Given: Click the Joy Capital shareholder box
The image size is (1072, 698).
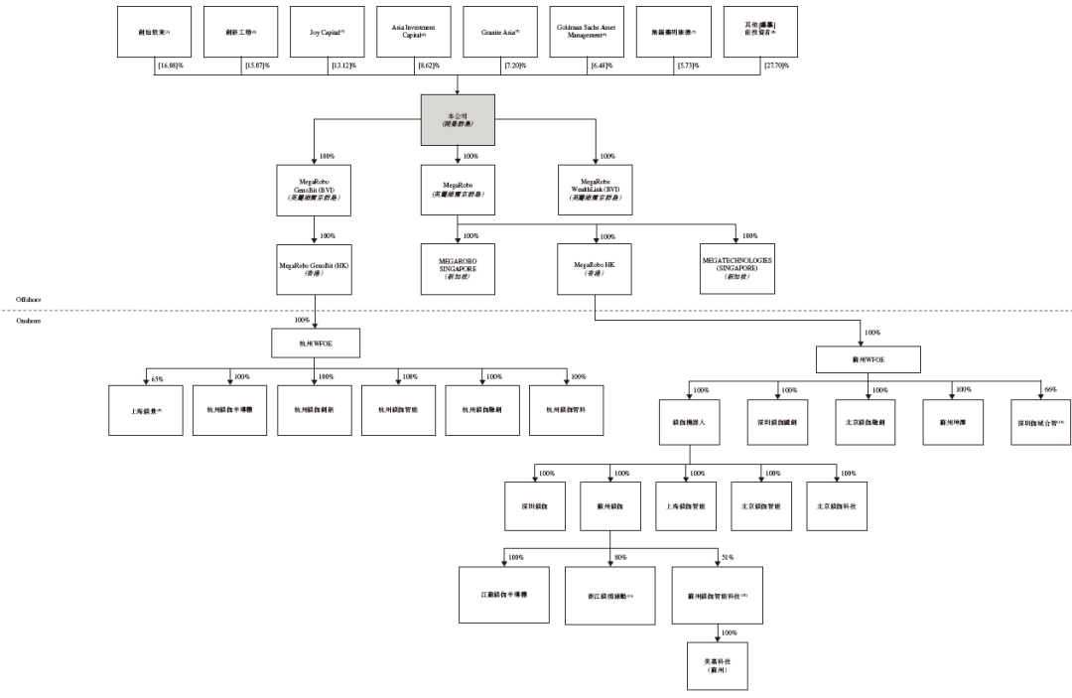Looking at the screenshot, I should click(x=328, y=32).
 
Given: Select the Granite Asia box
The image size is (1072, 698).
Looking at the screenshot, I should click(x=500, y=32).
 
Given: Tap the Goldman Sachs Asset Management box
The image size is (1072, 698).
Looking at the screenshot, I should click(x=587, y=32).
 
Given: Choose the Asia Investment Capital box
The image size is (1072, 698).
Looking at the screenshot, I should click(x=414, y=32).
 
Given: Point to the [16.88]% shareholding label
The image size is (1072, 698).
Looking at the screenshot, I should click(x=171, y=66).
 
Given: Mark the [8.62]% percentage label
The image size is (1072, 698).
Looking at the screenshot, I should click(x=430, y=66).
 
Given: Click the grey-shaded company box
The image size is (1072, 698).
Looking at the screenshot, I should click(x=457, y=119).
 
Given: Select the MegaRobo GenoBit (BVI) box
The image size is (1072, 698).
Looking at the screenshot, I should click(x=315, y=190).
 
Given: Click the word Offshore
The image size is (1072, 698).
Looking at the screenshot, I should click(x=29, y=299).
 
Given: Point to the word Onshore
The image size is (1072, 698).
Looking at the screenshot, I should click(x=29, y=320).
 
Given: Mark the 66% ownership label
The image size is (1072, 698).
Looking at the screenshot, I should click(x=1051, y=390).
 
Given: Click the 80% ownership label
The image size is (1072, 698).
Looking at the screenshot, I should click(x=620, y=558).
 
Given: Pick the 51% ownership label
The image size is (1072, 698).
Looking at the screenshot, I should click(x=728, y=558).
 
